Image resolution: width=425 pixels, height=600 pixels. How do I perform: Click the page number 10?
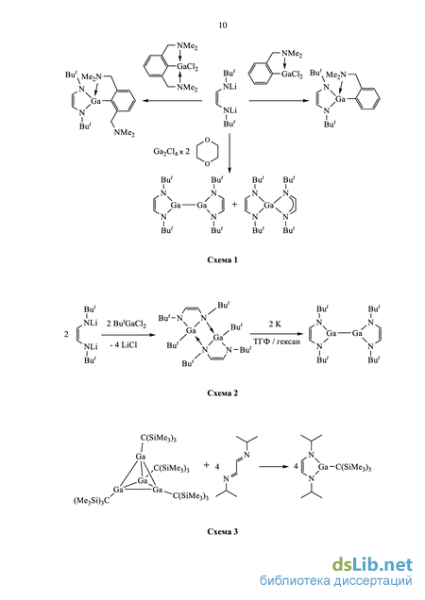coord(223,25)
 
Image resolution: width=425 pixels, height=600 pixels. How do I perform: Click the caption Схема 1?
coord(222,259)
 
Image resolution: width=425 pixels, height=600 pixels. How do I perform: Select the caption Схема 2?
coord(222,393)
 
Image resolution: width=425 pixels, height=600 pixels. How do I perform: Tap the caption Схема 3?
coord(222,531)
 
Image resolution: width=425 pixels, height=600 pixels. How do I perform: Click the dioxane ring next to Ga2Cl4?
coord(208,152)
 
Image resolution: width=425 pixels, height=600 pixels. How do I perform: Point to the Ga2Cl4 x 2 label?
coord(171,152)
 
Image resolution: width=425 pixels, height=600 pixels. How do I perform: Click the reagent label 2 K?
coord(275,325)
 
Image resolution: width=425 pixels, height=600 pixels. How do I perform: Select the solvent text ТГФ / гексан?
coord(276,341)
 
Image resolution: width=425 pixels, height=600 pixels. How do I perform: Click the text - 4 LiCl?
coord(124,344)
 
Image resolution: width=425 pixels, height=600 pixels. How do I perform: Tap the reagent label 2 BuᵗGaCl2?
coord(126,325)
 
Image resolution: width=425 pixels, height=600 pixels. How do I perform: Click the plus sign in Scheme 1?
coord(234,205)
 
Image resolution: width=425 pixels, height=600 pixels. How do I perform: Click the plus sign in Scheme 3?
coord(207,465)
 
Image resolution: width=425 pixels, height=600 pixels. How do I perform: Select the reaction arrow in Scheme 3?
coord(275,467)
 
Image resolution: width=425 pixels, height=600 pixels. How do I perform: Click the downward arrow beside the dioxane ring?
coord(229,152)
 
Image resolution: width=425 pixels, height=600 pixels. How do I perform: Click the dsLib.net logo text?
coord(372,565)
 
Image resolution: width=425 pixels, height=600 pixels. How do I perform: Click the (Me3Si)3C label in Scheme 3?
coord(92,501)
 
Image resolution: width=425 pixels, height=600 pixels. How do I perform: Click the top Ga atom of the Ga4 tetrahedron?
coord(141,457)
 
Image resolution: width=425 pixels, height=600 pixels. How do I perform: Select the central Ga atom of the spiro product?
coord(268,206)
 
